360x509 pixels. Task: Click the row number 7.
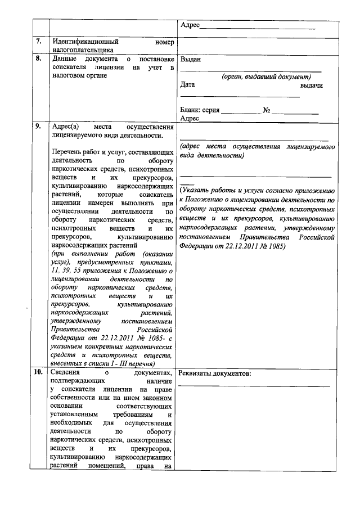(x=38, y=42)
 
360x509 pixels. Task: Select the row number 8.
(x=38, y=58)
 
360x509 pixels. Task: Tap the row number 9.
(x=38, y=126)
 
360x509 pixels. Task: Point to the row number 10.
(x=38, y=373)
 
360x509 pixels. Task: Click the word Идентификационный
(x=84, y=42)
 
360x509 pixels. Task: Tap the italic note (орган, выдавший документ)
(x=265, y=76)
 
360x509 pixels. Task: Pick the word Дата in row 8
(x=188, y=85)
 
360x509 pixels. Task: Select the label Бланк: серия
(x=200, y=110)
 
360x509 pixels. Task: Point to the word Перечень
(x=65, y=152)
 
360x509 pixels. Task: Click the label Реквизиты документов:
(x=215, y=373)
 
